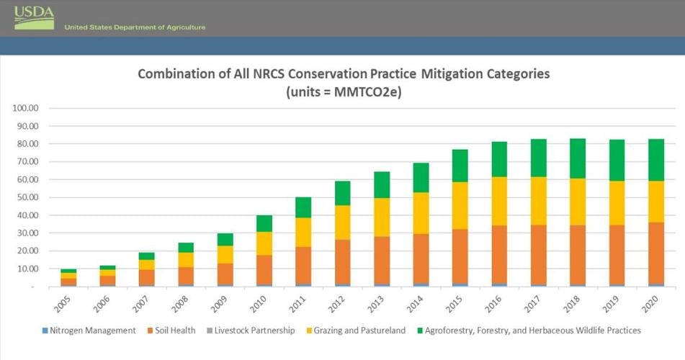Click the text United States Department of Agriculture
[135, 27]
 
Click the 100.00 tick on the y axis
[25, 109]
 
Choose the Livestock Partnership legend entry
[256, 330]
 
